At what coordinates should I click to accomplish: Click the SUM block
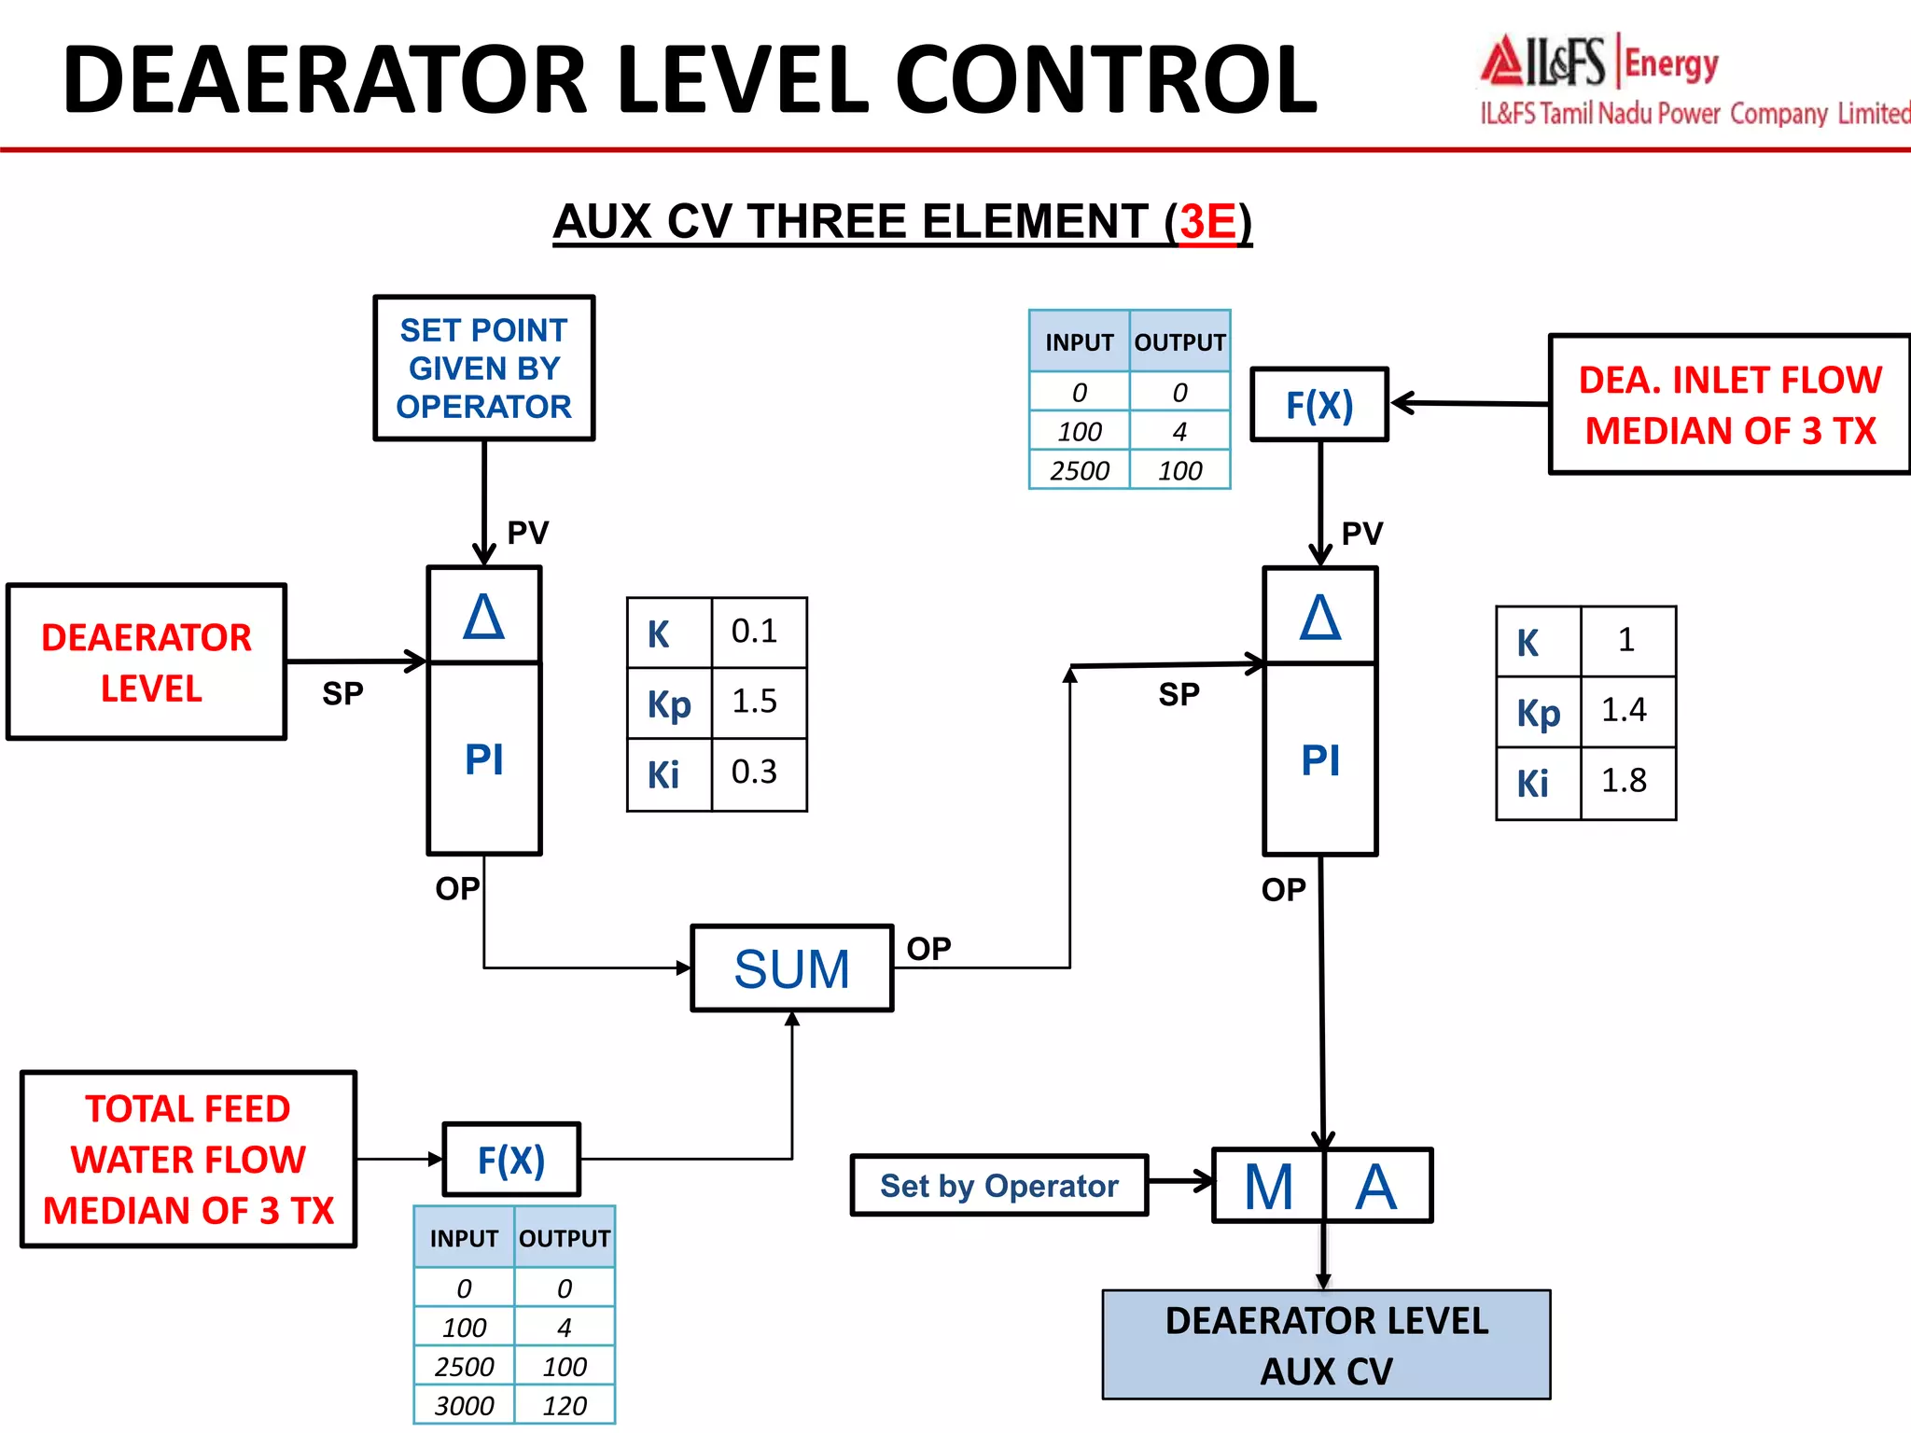pyautogui.click(x=791, y=968)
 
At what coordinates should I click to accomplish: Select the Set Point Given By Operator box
pyautogui.click(x=483, y=369)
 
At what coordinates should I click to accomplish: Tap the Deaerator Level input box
pyautogui.click(x=146, y=662)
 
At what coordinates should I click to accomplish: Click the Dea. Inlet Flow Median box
pyautogui.click(x=1729, y=405)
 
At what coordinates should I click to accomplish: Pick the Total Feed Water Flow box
pyautogui.click(x=188, y=1160)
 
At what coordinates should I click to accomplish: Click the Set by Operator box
pyautogui.click(x=998, y=1186)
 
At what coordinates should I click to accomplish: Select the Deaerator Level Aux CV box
pyautogui.click(x=1326, y=1345)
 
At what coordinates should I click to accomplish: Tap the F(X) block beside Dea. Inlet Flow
pyautogui.click(x=1319, y=405)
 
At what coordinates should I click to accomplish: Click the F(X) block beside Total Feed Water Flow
pyautogui.click(x=511, y=1160)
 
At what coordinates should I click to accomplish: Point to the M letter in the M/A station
pyautogui.click(x=1268, y=1187)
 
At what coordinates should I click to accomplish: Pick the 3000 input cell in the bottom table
pyautogui.click(x=464, y=1405)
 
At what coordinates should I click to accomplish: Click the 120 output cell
pyautogui.click(x=565, y=1405)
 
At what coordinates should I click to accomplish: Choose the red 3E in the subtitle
pyautogui.click(x=1207, y=222)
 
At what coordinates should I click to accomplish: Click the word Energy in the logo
pyautogui.click(x=1671, y=64)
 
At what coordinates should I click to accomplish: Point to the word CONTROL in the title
pyautogui.click(x=1106, y=81)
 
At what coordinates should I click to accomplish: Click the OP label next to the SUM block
pyautogui.click(x=928, y=949)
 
